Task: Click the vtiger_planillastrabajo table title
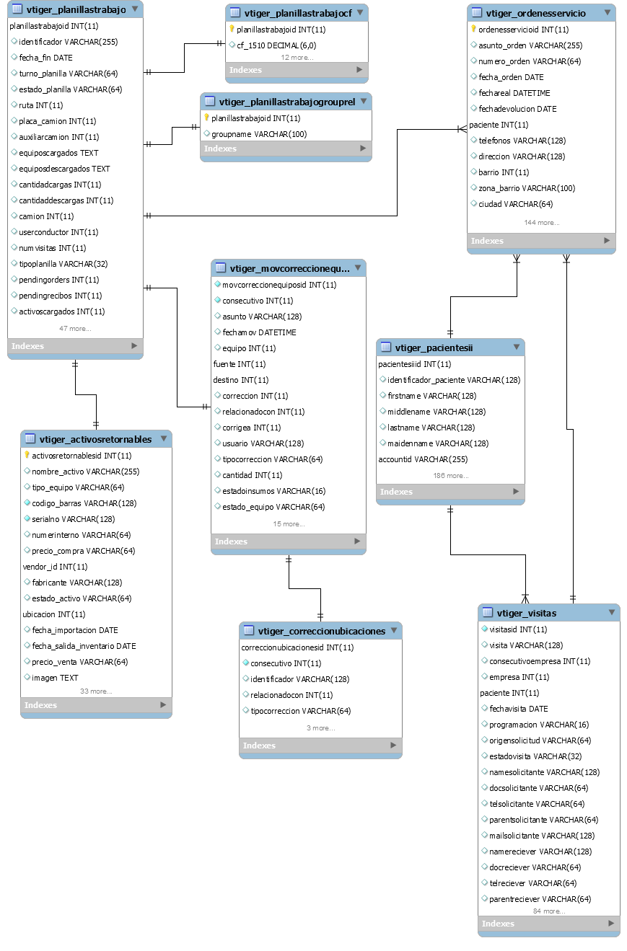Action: point(76,9)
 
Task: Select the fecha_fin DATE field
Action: point(45,58)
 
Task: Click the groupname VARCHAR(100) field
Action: point(259,134)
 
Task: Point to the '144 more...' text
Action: point(542,223)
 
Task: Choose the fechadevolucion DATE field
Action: point(517,109)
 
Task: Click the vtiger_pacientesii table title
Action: point(434,348)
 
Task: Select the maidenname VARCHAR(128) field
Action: point(438,443)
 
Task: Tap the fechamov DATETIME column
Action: point(259,332)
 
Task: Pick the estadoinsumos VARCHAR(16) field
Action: point(274,491)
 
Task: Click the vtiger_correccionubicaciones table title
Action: point(322,632)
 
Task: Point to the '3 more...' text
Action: point(321,728)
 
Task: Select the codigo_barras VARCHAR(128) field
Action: point(84,503)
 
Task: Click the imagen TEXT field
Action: point(56,678)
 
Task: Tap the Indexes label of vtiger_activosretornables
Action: point(40,705)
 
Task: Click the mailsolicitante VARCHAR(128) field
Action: point(542,836)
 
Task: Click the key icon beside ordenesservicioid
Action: point(473,29)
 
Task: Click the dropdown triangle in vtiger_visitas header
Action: point(612,612)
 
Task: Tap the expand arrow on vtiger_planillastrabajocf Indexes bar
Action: point(359,70)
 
